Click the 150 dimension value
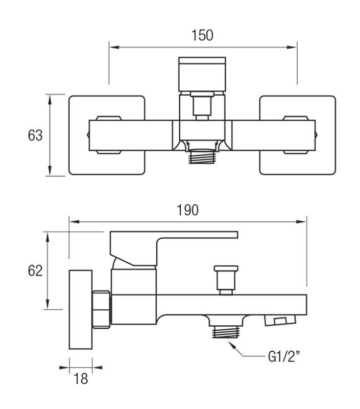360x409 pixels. pyautogui.click(x=202, y=35)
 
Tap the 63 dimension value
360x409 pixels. pyautogui.click(x=35, y=135)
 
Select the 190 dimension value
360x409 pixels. pyautogui.click(x=187, y=210)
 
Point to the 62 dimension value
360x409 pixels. pyautogui.click(x=35, y=271)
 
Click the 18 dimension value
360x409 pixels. pyautogui.click(x=81, y=379)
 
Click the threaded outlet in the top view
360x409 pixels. pyautogui.click(x=202, y=156)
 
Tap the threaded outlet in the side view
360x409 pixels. pyautogui.click(x=226, y=332)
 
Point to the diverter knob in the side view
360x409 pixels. pyautogui.click(x=226, y=280)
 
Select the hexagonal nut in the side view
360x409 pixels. pyautogui.click(x=102, y=309)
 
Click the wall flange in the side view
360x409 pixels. pyautogui.click(x=81, y=309)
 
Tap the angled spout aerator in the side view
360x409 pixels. pyautogui.click(x=280, y=320)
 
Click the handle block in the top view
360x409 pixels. pyautogui.click(x=202, y=74)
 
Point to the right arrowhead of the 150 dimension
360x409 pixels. pyautogui.click(x=292, y=47)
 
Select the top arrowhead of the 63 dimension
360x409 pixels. pyautogui.click(x=50, y=100)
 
